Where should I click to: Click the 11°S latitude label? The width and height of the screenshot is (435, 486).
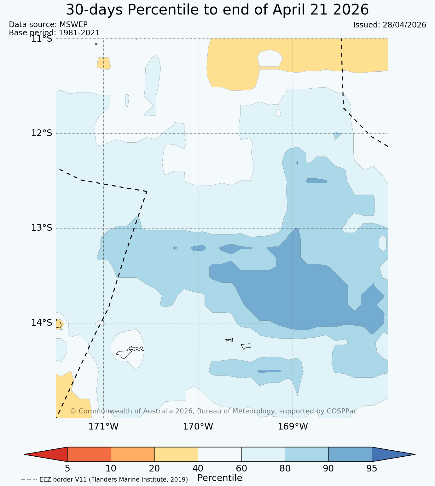click(x=42, y=39)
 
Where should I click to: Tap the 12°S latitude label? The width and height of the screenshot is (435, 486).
click(x=42, y=133)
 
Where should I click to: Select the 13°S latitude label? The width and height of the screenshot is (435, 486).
click(x=42, y=228)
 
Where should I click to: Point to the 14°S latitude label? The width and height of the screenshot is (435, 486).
click(x=42, y=323)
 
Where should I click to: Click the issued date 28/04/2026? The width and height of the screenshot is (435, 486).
click(x=404, y=25)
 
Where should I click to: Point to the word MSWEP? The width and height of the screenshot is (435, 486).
click(x=73, y=25)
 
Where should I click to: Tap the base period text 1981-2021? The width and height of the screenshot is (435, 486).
click(x=79, y=33)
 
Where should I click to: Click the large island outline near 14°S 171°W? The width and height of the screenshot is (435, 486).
click(x=130, y=352)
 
